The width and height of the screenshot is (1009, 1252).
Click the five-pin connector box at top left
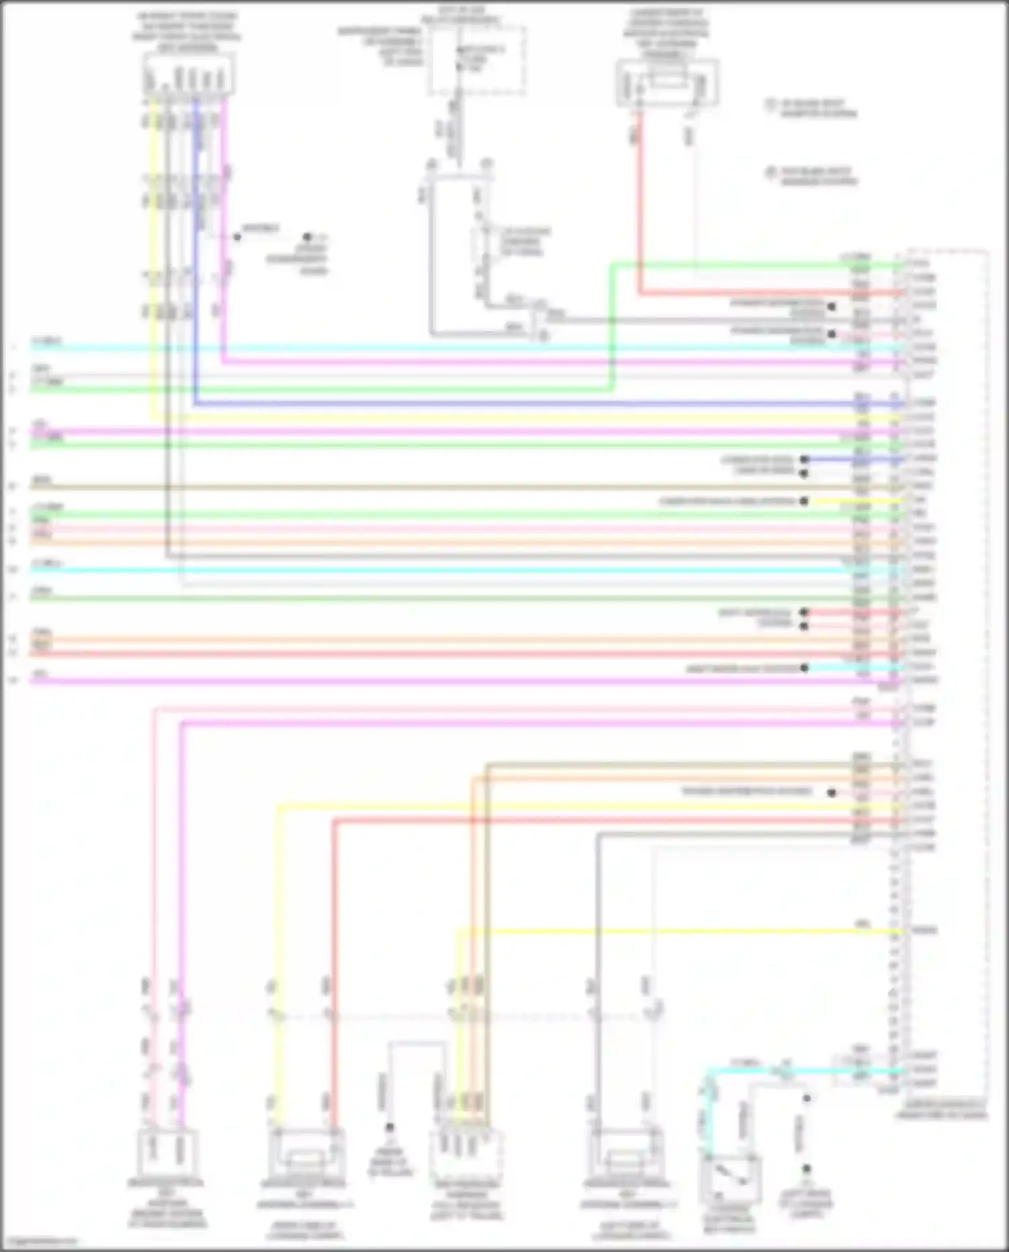tap(189, 75)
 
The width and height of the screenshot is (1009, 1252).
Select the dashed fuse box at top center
tap(478, 61)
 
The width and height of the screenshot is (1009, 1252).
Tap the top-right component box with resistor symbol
tap(667, 84)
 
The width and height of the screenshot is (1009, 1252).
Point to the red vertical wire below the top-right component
tap(638, 202)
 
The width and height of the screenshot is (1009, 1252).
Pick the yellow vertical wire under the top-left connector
tap(153, 269)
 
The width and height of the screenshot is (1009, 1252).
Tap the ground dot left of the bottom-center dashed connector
tap(389, 1128)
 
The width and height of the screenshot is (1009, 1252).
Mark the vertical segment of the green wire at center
tap(611, 326)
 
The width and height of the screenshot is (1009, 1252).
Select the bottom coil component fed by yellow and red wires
tap(306, 1154)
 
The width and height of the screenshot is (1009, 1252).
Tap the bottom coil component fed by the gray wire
tap(626, 1154)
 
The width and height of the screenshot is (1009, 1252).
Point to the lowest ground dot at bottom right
tap(806, 1169)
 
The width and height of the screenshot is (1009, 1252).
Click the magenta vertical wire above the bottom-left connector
tap(181, 875)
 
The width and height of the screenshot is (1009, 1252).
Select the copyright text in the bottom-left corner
tap(40, 1241)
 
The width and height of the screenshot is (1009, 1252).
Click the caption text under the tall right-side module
tap(942, 1110)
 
